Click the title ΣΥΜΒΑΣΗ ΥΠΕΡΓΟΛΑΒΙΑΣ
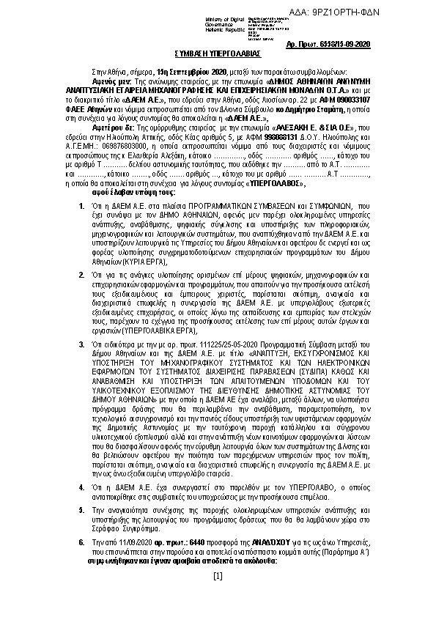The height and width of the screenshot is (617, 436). click(x=217, y=54)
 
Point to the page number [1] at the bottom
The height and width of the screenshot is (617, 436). click(x=218, y=597)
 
